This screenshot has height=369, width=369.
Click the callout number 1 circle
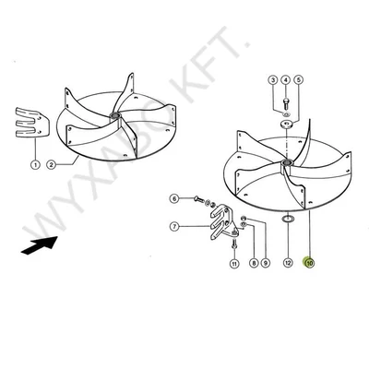pos(35,166)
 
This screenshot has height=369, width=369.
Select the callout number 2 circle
pos(53,166)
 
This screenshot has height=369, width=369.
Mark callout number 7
pos(173,224)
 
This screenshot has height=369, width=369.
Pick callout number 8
pos(251,263)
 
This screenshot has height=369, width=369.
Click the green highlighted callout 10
pos(310,263)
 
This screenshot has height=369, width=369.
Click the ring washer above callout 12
pos(287,220)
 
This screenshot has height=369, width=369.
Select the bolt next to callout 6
pos(195,198)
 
